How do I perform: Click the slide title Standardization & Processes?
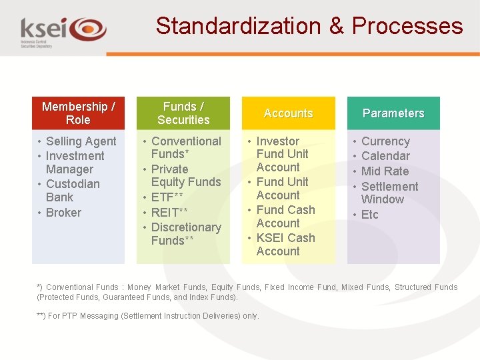click(x=309, y=26)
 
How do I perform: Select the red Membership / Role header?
click(x=78, y=113)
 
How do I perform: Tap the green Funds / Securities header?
click(x=183, y=113)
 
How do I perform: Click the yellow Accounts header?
click(x=288, y=113)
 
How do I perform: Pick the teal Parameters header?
click(x=393, y=113)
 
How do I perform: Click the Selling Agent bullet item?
click(x=81, y=141)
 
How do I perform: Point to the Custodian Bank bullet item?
click(x=73, y=191)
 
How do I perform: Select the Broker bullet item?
click(x=63, y=213)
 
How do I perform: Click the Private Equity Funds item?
click(x=185, y=175)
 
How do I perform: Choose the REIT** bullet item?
click(x=169, y=213)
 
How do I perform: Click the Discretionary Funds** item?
click(x=185, y=233)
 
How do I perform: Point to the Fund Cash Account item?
click(x=285, y=217)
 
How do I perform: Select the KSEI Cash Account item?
click(x=285, y=245)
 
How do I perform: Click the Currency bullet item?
click(x=385, y=141)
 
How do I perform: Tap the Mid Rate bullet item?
click(x=385, y=171)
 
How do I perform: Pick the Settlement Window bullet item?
click(x=389, y=193)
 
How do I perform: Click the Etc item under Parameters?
click(x=369, y=215)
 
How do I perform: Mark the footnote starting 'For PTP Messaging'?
click(x=148, y=316)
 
